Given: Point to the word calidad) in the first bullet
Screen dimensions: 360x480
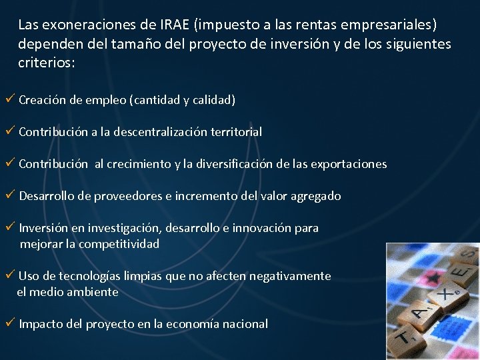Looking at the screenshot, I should tap(214, 100).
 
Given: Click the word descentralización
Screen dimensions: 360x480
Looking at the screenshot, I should tap(161, 132).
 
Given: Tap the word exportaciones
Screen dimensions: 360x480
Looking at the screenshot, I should tap(351, 164).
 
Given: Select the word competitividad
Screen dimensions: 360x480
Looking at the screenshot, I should tap(119, 244).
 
